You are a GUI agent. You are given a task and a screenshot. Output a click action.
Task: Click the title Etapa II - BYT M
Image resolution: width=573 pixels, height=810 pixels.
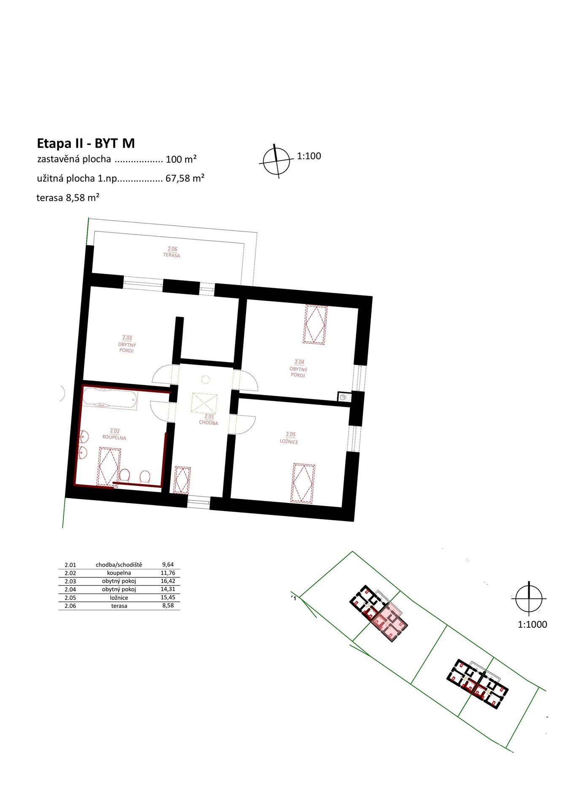coord(86,143)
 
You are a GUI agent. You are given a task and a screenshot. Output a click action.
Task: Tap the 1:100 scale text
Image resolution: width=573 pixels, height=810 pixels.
coord(309,156)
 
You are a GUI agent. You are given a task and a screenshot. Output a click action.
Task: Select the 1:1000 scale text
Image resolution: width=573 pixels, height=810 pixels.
coord(532,624)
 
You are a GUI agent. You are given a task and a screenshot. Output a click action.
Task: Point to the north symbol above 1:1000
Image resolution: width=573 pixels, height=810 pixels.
coord(529,598)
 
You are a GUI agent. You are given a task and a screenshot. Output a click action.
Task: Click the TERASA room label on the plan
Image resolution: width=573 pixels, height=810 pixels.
coord(172,255)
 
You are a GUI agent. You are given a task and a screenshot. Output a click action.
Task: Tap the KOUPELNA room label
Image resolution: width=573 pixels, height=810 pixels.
coord(114,437)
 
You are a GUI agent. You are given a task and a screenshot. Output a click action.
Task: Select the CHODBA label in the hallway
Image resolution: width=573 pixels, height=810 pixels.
coord(208,423)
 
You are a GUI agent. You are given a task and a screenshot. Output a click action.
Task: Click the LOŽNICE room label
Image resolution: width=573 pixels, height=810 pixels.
coord(289,442)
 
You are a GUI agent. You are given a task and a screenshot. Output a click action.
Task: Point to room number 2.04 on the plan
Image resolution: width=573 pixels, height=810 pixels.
coord(299,362)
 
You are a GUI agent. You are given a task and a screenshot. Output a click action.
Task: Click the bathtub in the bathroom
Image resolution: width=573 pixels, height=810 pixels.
coord(109,399)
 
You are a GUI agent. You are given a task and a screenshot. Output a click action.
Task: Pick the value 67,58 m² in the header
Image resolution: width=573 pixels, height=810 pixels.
coord(185,178)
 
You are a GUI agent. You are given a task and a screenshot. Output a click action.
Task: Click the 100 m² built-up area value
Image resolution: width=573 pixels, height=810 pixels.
coord(181,159)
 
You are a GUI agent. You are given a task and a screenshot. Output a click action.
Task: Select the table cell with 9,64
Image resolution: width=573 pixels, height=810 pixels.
coord(168,564)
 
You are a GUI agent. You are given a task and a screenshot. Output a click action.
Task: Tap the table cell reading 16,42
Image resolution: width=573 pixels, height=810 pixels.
coord(168,581)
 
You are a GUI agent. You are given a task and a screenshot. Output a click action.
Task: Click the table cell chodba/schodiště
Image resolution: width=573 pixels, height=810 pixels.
coord(119,565)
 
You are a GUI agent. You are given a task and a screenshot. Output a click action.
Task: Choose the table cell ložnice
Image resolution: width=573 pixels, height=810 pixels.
coord(119,598)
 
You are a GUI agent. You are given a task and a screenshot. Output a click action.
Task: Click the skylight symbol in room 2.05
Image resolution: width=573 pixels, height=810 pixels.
coord(303,483)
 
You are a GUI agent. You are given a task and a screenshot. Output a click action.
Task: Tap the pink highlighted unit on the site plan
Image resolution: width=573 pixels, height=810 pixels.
coord(389,621)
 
